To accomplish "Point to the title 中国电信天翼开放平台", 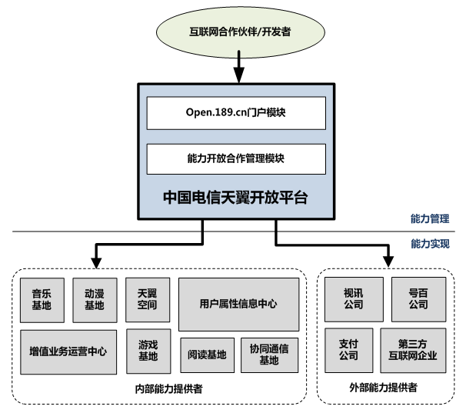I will click(235, 197).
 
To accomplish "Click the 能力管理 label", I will click(430, 219).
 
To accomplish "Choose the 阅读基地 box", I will click(207, 355).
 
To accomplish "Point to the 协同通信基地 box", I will click(268, 355).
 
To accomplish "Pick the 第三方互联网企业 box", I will click(413, 351).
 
